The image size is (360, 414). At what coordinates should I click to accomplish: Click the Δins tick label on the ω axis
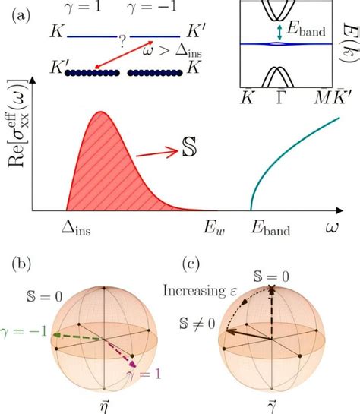pyautogui.click(x=77, y=228)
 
